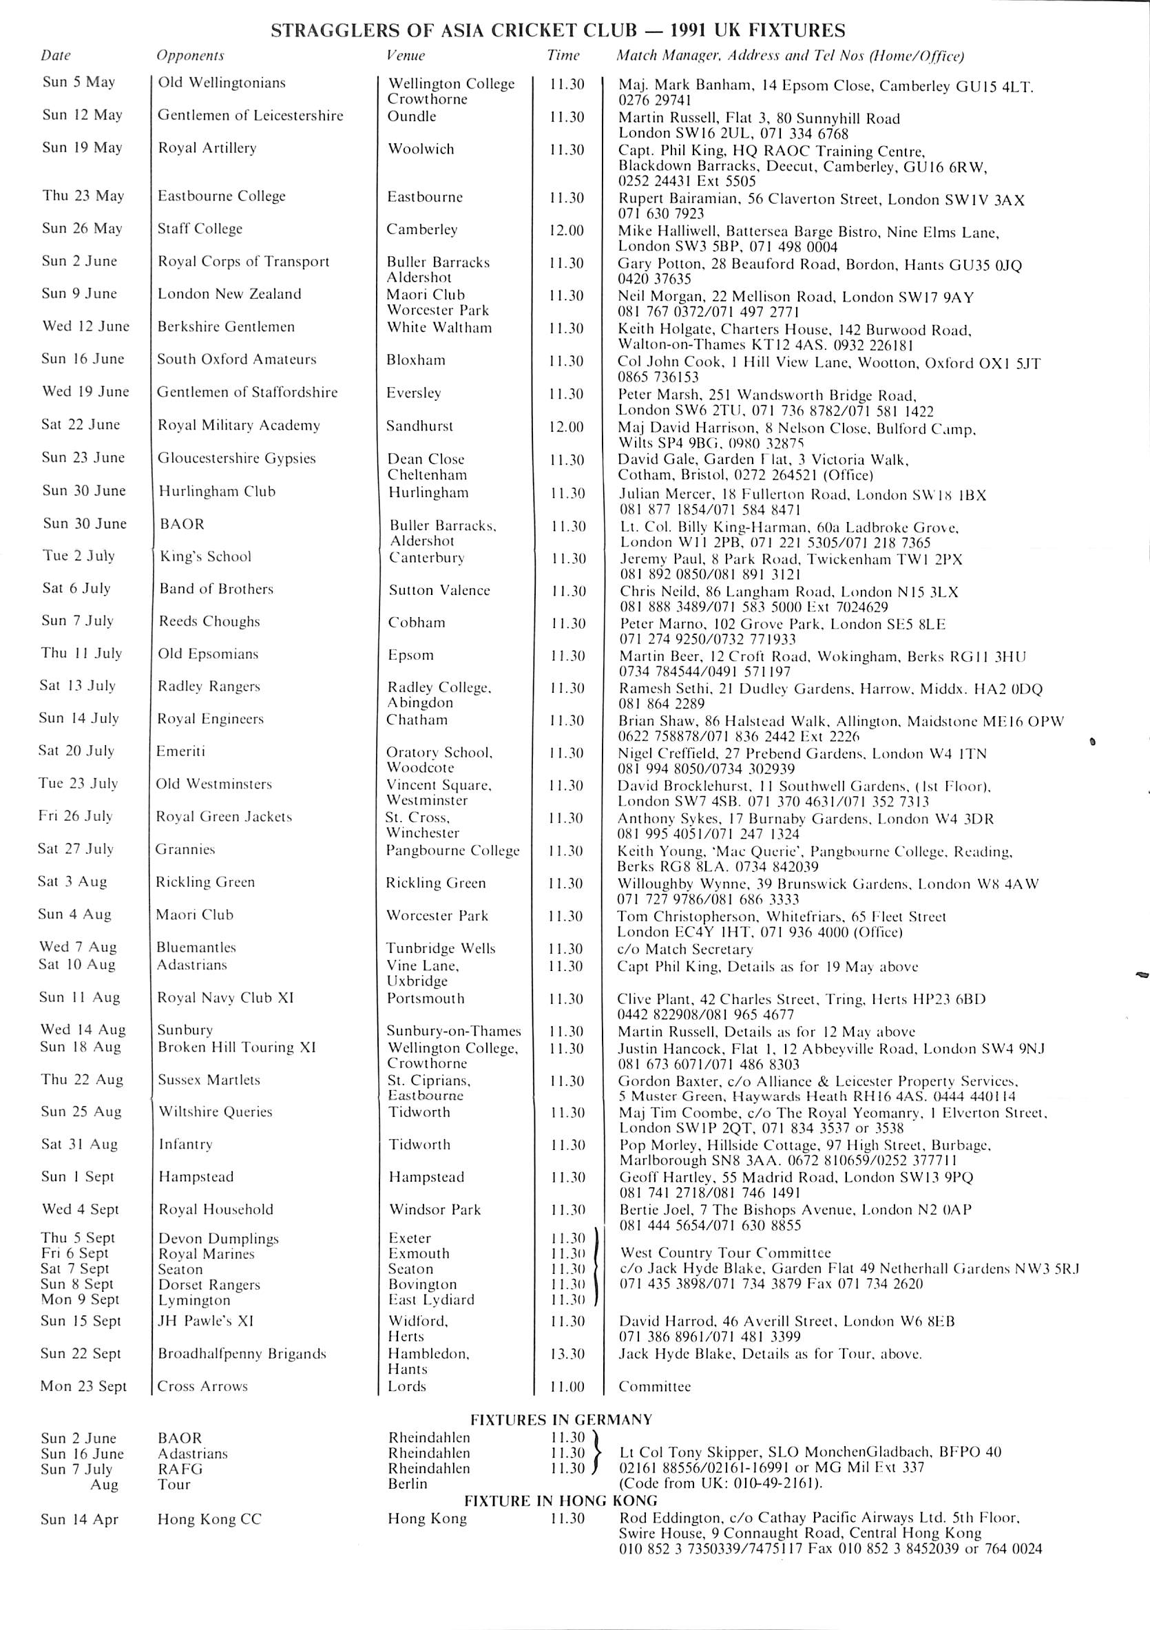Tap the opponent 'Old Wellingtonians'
click(222, 83)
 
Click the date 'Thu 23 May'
click(83, 196)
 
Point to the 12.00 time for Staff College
click(567, 230)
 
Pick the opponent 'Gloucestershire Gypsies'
click(236, 459)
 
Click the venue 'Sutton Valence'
click(439, 590)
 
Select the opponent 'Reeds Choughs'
click(209, 621)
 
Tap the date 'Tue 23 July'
click(78, 784)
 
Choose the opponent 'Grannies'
click(185, 849)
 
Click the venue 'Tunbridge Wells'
click(441, 948)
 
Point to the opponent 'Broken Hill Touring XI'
click(236, 1047)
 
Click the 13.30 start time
click(567, 1354)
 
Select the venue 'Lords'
click(407, 1386)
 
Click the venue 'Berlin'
click(408, 1484)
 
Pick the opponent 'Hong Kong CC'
click(209, 1519)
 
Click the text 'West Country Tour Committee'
click(725, 1253)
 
